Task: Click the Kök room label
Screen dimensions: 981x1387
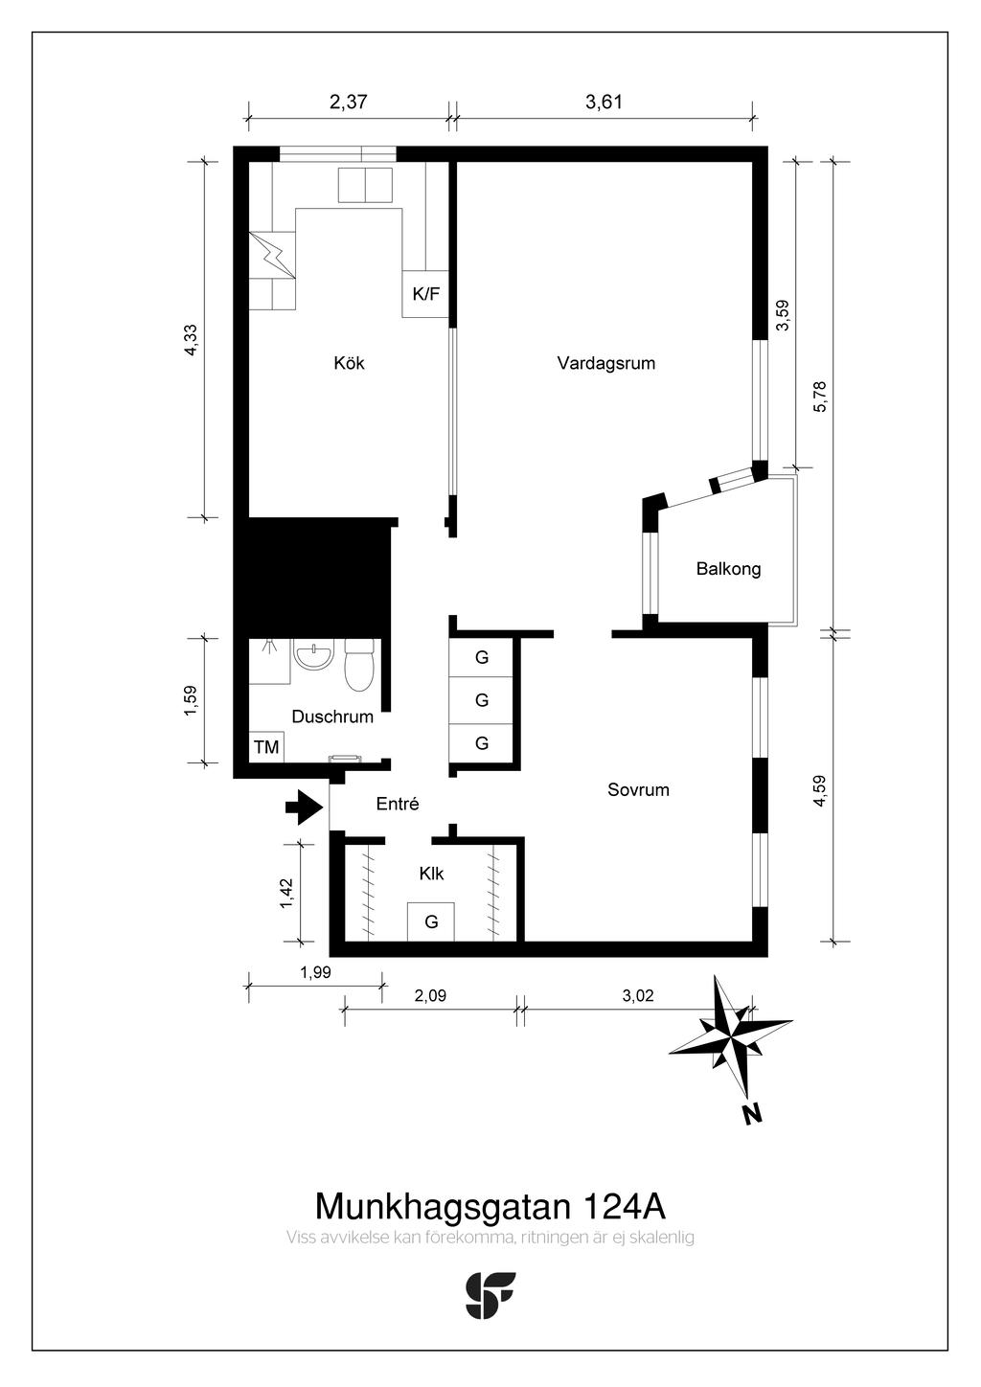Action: tap(349, 363)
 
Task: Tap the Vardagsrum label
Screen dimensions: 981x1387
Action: tap(605, 363)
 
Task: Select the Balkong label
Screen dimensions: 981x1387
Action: tap(728, 569)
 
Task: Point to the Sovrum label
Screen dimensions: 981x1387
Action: tap(638, 790)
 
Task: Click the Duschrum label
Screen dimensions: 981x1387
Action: tap(332, 717)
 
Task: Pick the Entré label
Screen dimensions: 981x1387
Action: tap(398, 804)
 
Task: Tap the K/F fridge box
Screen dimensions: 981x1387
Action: tap(425, 294)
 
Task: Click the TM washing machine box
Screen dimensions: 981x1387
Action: tap(266, 747)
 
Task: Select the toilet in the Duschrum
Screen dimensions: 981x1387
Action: tap(358, 665)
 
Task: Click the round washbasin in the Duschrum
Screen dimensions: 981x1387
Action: tap(313, 655)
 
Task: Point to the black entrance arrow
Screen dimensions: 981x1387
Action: tap(304, 807)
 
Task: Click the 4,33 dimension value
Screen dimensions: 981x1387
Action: tap(192, 339)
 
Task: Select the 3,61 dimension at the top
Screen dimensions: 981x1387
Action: tap(604, 102)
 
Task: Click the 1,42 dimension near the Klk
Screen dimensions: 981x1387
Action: tap(287, 894)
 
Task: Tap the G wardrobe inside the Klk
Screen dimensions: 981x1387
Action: tap(431, 922)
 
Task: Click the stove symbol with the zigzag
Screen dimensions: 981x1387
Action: tap(272, 255)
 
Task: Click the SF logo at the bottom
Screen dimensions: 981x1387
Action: tap(490, 1296)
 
